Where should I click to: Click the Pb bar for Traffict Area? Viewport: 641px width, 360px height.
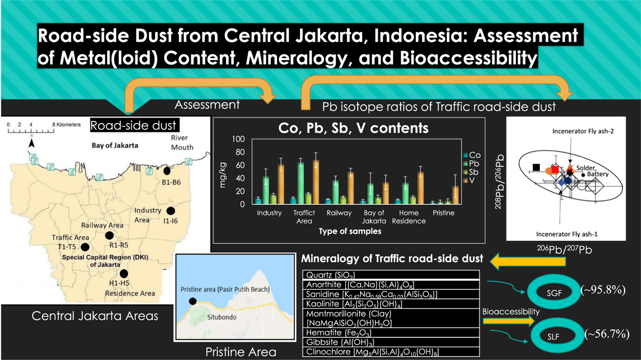[301, 183]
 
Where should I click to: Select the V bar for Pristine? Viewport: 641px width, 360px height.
[455, 195]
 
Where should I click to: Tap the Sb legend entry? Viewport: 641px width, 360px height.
[471, 172]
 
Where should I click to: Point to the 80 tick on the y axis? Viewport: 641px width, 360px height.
[240, 152]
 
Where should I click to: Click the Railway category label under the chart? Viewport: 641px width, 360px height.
[339, 213]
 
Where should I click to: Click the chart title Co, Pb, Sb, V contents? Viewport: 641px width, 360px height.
[353, 128]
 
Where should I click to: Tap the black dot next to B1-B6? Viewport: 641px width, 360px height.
[167, 171]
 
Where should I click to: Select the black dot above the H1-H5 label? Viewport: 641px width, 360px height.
[124, 273]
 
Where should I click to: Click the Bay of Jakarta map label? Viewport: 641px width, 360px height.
[115, 145]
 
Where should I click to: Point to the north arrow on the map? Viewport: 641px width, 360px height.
[31, 142]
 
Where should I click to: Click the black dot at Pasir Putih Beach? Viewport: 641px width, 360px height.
[193, 301]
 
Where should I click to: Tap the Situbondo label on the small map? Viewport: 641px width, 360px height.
[222, 317]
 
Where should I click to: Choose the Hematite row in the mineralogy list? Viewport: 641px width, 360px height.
[391, 333]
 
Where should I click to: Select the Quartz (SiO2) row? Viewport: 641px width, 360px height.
[391, 275]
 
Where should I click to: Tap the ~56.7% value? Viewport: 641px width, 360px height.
[607, 334]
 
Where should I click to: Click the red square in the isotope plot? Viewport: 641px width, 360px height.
[555, 170]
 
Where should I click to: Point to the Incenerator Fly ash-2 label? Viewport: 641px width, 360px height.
[583, 131]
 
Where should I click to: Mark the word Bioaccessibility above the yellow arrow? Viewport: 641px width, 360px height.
[511, 311]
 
